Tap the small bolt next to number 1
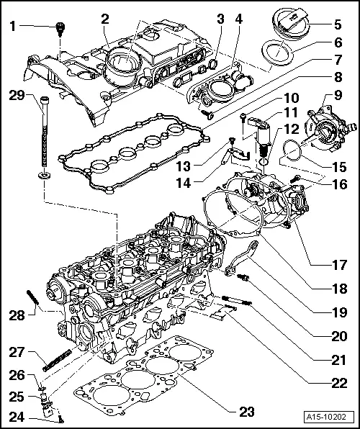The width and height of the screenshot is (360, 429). click(59, 28)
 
